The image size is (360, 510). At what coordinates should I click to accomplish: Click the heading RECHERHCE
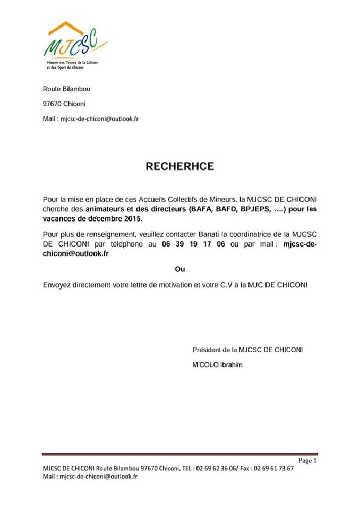click(179, 166)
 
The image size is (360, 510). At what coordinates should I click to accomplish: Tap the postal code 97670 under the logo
click(52, 104)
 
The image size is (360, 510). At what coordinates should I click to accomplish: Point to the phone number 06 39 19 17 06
click(194, 244)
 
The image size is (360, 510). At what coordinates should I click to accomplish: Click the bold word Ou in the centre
click(179, 270)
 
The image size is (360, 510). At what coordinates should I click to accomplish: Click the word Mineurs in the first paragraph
click(220, 200)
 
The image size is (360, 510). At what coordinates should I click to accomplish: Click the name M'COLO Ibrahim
click(217, 365)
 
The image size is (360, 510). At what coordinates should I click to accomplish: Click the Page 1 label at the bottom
click(307, 461)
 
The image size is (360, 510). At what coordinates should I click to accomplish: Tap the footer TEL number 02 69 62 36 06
click(217, 469)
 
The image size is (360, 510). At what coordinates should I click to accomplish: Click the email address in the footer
click(100, 477)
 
